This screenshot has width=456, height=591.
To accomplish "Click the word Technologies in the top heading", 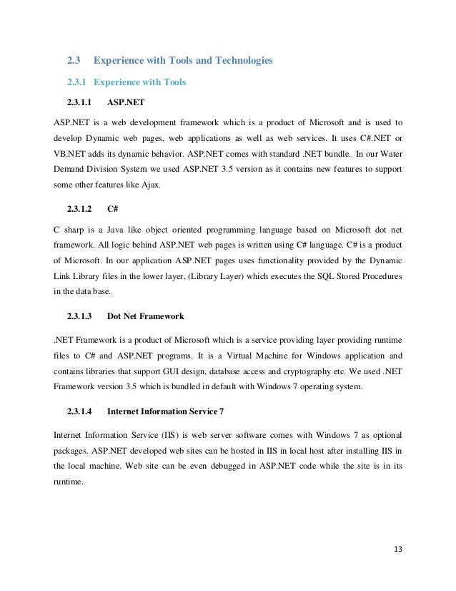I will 235,61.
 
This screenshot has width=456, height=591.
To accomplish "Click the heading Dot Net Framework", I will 146,316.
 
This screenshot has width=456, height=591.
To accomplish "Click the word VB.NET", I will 71,153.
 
